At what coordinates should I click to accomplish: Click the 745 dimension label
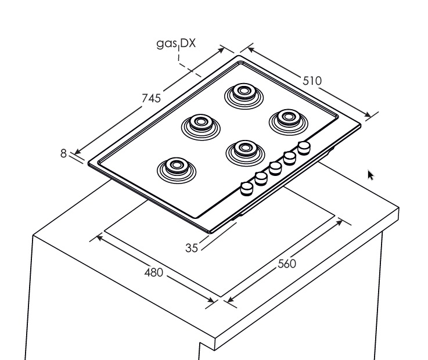(x=152, y=99)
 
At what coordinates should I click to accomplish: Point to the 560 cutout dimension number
(x=287, y=264)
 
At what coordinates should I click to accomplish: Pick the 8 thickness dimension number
(x=64, y=153)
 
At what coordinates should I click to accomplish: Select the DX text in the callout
(x=188, y=43)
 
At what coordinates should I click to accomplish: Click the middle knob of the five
(x=276, y=168)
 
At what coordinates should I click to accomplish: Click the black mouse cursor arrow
(x=370, y=174)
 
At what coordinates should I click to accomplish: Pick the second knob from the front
(x=261, y=178)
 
